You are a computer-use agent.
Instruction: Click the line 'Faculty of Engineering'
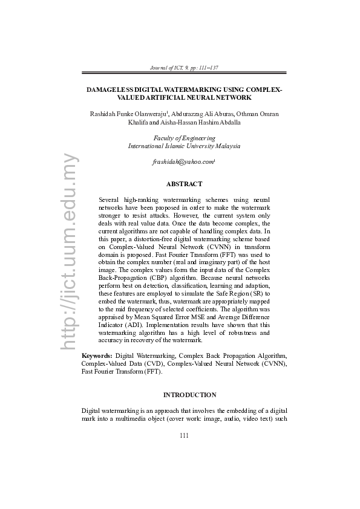point(184,138)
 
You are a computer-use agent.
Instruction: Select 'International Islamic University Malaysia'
point(184,146)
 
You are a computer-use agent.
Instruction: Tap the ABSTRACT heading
point(184,184)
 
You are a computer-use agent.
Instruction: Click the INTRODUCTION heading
point(189,395)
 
